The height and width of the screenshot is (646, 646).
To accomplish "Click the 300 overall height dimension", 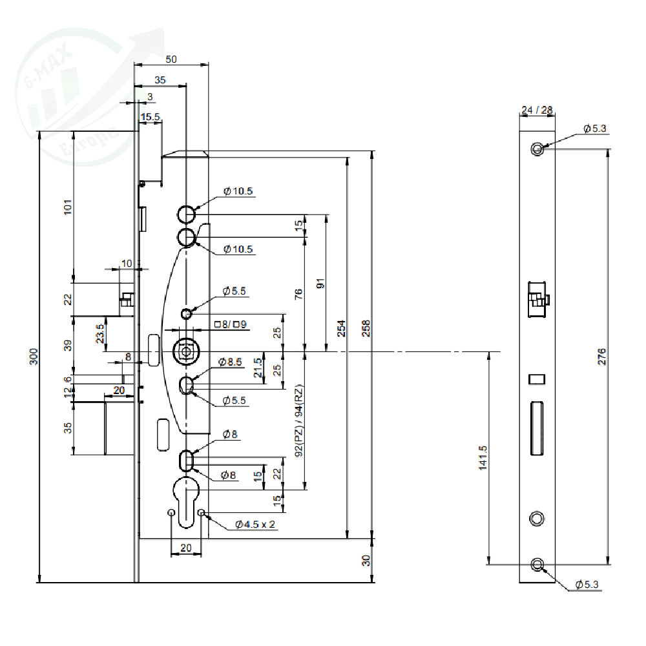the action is click(x=34, y=357).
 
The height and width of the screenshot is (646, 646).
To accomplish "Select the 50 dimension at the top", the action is click(x=171, y=59).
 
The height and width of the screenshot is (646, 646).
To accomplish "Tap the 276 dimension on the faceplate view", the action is click(x=601, y=357).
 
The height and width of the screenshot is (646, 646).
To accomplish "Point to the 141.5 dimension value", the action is click(x=483, y=457).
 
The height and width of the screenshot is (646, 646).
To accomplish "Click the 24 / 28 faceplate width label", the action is click(x=536, y=110).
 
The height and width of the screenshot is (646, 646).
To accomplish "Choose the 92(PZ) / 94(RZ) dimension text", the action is click(x=299, y=421).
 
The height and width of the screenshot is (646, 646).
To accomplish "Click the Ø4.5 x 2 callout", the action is click(x=255, y=525).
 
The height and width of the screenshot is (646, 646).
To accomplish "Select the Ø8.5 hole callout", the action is click(x=230, y=362).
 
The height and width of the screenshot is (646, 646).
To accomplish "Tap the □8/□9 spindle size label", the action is click(x=231, y=325).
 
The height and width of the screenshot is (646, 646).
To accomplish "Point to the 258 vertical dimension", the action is click(x=366, y=328).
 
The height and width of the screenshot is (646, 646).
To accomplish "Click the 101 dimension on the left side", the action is click(x=68, y=207).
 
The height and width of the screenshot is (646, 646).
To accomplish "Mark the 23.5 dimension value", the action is click(x=99, y=333).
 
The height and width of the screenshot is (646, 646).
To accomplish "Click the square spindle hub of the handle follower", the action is click(x=186, y=352).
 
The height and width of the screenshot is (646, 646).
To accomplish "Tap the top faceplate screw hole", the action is click(x=537, y=149).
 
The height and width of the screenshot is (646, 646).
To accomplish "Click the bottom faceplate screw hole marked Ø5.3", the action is click(x=537, y=565).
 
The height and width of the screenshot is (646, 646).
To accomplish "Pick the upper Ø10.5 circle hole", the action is click(x=186, y=214).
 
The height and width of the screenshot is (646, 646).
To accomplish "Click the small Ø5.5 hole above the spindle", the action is click(x=186, y=315).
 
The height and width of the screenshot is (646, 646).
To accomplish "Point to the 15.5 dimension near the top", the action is click(x=150, y=117).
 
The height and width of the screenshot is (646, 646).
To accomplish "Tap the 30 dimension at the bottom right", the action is click(x=366, y=560).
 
